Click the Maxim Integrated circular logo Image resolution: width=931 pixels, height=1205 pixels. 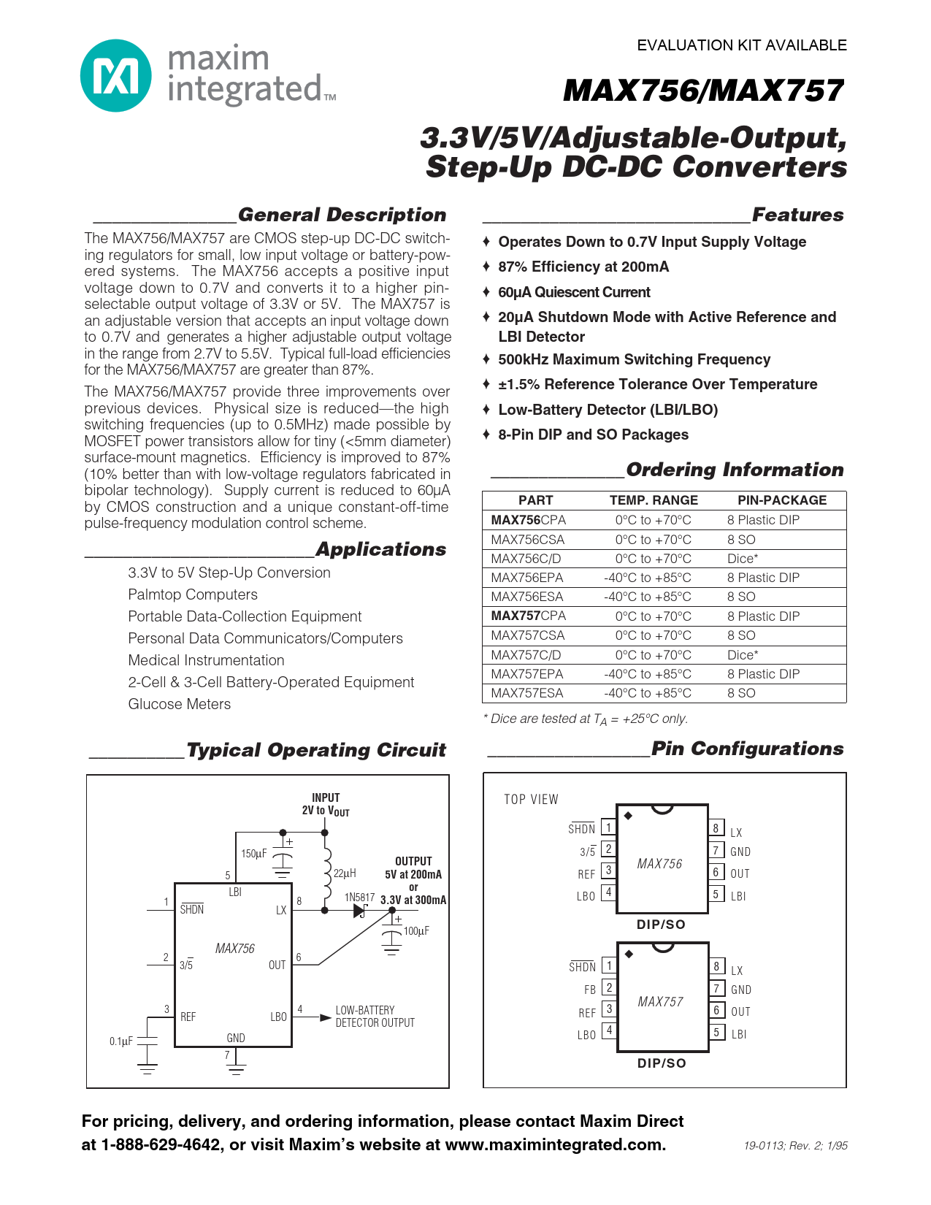point(115,76)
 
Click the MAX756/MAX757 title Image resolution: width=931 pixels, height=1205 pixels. point(703,91)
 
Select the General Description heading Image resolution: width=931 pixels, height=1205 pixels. point(342,215)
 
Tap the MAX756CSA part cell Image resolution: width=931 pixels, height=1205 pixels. point(528,540)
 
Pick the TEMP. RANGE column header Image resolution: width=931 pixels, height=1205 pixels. point(654,500)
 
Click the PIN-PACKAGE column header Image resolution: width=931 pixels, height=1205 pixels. point(782,500)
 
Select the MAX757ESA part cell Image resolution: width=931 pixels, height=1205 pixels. point(527,693)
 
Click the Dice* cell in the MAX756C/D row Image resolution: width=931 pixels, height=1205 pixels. point(743,559)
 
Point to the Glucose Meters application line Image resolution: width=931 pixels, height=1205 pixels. point(180,704)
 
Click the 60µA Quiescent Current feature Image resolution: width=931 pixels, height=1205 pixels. point(574,292)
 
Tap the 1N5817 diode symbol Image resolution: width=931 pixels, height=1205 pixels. point(359,911)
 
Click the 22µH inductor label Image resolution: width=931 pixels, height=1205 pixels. point(345,873)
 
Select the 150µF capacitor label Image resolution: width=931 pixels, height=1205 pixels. point(254,854)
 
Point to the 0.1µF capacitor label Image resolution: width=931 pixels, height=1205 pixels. point(121,1041)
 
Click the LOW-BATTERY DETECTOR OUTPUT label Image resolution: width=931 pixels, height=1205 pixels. point(375,1017)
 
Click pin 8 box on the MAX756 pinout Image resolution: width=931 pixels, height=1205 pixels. point(716,828)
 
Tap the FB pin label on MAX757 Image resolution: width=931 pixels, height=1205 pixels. point(590,990)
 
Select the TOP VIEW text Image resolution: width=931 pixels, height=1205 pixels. point(531,800)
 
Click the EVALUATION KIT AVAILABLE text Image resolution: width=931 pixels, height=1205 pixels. point(742,45)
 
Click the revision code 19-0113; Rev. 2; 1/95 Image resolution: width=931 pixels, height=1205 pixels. point(796,1146)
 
